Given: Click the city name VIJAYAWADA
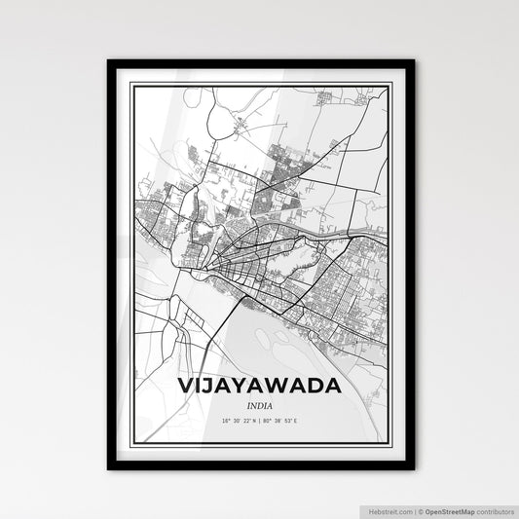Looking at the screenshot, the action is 259,386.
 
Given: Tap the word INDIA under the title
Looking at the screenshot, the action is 259,405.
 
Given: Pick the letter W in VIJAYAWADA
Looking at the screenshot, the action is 281,386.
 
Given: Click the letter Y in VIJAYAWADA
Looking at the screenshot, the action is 241,386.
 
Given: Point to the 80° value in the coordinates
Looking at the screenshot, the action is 267,422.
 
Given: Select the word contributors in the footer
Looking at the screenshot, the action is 496,511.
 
